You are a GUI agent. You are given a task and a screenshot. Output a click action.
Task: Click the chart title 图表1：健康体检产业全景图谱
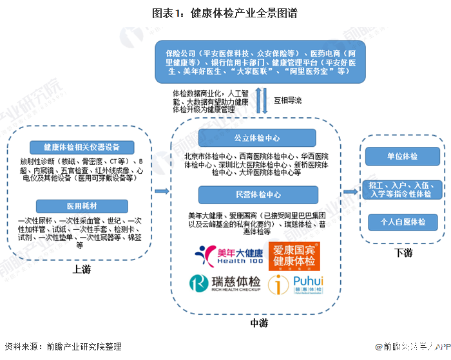225,12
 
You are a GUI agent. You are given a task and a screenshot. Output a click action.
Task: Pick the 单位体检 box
402,156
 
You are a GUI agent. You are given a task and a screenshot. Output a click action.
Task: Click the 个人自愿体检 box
402,222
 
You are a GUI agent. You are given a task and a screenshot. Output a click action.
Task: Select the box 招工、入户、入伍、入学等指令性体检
402,189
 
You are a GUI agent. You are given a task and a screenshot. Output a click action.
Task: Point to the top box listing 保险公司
257,61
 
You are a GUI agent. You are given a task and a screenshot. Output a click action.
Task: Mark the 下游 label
403,253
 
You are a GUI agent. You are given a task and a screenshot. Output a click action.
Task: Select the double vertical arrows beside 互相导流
260,101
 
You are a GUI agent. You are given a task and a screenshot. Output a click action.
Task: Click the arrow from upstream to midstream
161,191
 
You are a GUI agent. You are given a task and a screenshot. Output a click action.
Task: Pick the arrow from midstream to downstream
350,191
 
